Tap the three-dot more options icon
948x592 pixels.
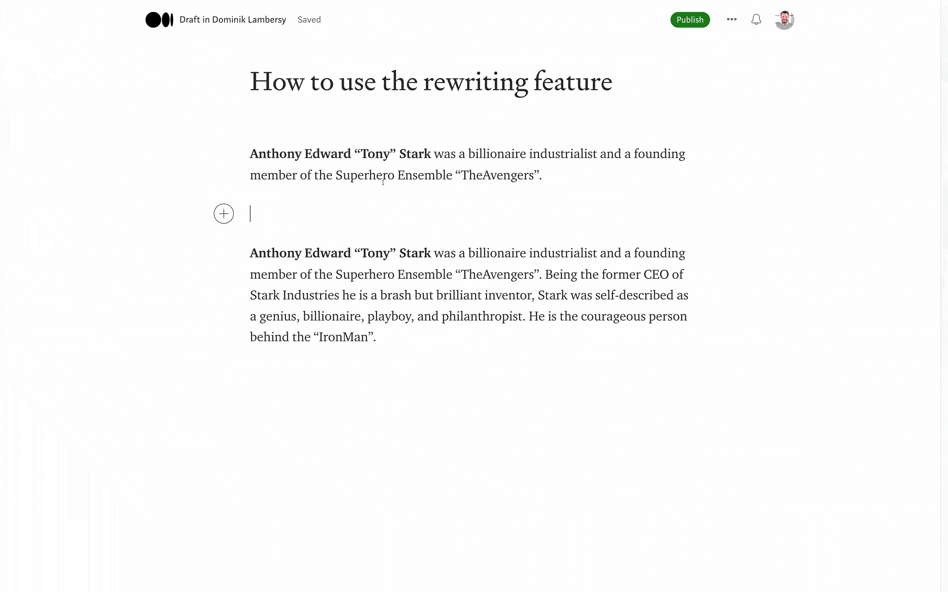click(731, 19)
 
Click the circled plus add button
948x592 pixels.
click(223, 214)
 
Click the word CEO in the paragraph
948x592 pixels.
click(656, 274)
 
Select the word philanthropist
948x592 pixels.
click(482, 316)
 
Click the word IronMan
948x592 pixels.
click(343, 337)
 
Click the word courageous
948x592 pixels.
click(613, 316)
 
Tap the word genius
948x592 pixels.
click(278, 316)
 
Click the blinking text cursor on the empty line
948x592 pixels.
click(250, 214)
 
